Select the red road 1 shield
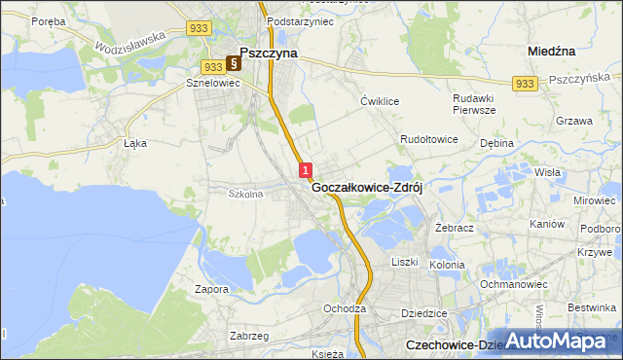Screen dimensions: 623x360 [x=306, y=169]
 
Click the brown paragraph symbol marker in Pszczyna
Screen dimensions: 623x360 [x=234, y=64]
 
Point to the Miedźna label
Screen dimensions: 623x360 [x=551, y=50]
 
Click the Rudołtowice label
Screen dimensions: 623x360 [x=429, y=140]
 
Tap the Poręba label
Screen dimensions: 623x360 [x=48, y=20]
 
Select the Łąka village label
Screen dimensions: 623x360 [x=134, y=142]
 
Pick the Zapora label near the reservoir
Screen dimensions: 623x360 [x=211, y=289]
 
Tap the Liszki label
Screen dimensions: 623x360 [x=404, y=263]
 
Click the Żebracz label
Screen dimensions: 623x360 [x=455, y=226]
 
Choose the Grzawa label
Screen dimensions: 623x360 [x=574, y=122]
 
